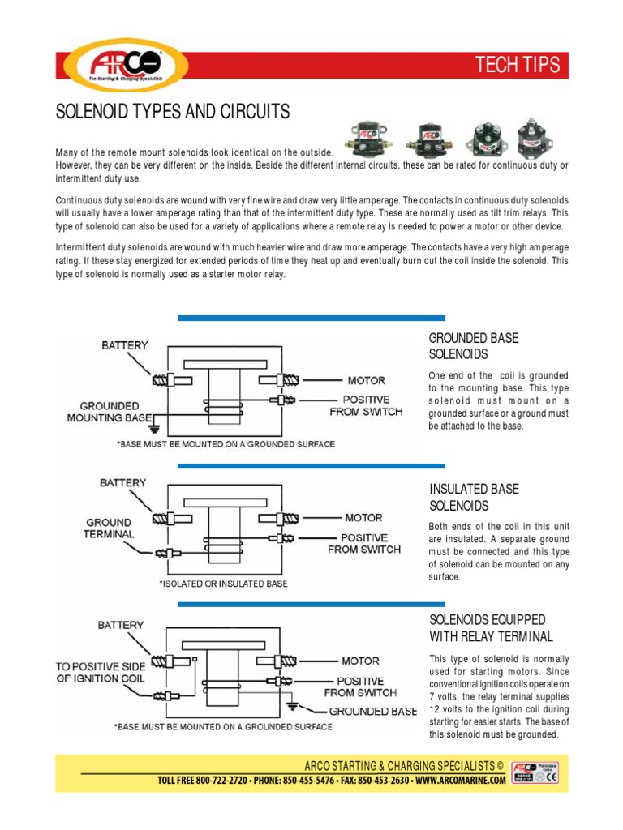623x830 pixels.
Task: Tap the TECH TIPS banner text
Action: tap(517, 66)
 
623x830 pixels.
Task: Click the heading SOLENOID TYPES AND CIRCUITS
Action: tap(172, 112)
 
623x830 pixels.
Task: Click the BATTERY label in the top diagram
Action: tap(125, 345)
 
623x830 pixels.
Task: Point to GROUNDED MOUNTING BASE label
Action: tap(109, 412)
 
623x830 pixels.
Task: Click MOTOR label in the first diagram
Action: tap(367, 380)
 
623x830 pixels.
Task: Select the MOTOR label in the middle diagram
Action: tap(363, 517)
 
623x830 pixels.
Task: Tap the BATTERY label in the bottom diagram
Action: tap(121, 625)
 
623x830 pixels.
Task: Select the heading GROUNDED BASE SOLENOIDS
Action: tap(462, 346)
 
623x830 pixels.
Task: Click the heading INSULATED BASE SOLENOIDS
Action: tap(462, 498)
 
